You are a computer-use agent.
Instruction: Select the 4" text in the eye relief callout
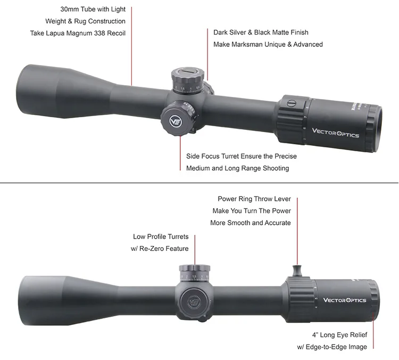pyautogui.click(x=316, y=336)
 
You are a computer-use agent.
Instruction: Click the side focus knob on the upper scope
pyautogui.click(x=175, y=120)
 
